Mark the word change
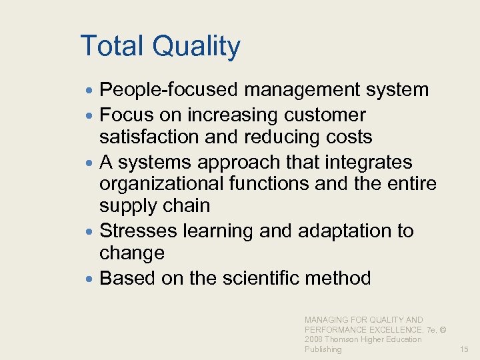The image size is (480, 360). pos(132,253)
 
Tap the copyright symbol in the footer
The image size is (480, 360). pos(443,330)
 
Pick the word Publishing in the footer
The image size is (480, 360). pos(323,349)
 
